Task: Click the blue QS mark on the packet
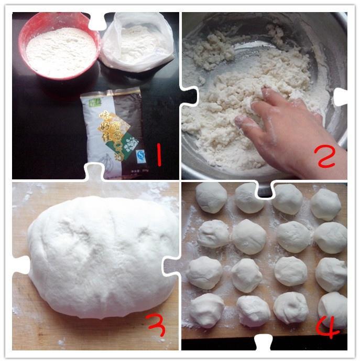[140, 155]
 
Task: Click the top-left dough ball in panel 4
[211, 197]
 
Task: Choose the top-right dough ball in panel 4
[325, 204]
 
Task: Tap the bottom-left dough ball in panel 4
[206, 310]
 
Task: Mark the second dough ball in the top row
[249, 198]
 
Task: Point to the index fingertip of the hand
[239, 122]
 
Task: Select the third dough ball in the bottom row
[291, 307]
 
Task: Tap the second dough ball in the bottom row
[253, 311]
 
